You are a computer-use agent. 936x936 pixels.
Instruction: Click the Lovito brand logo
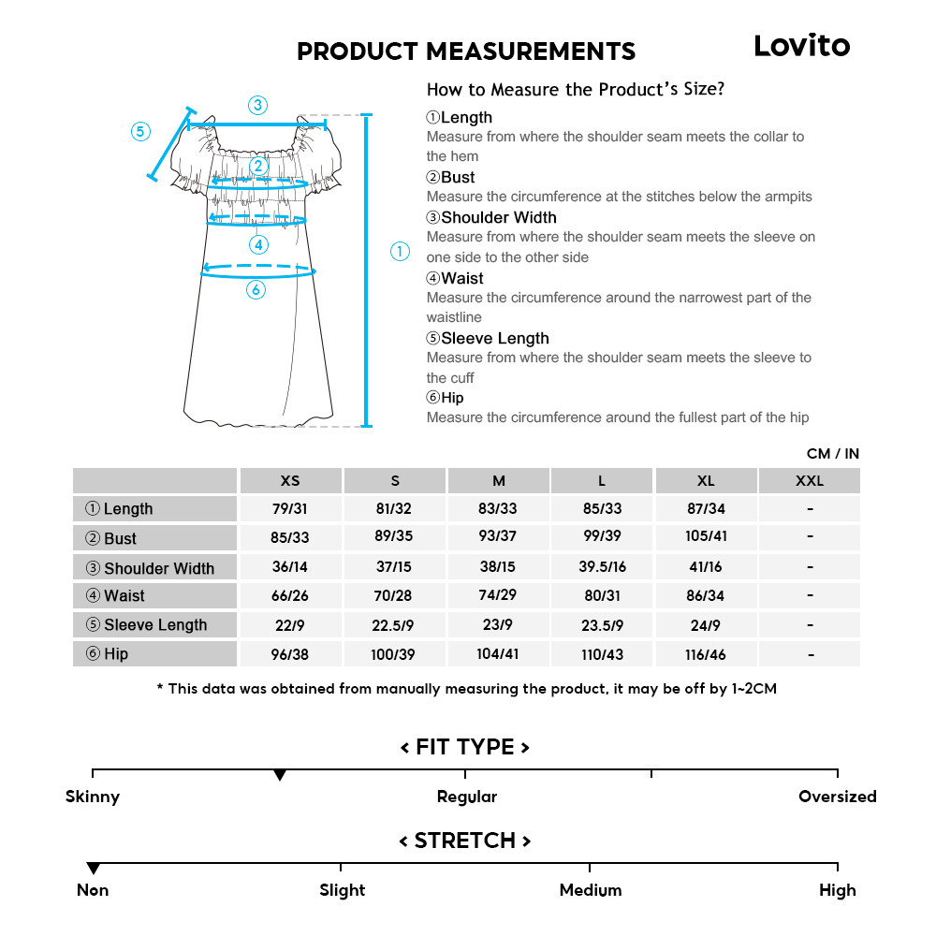tap(802, 46)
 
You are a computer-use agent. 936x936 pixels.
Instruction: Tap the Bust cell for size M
tap(498, 538)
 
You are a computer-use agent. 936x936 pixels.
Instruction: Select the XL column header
tap(706, 481)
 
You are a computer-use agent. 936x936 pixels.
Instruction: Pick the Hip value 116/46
tap(706, 654)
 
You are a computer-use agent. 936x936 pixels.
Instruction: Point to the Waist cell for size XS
tap(290, 596)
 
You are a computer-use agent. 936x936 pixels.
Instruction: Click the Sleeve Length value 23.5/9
tap(602, 625)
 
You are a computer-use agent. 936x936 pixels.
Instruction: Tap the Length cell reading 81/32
tap(394, 509)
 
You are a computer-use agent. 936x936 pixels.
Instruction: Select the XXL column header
tap(810, 481)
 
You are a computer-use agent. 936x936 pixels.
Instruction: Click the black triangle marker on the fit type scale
tap(279, 776)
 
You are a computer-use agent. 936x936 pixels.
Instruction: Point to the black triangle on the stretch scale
tap(93, 869)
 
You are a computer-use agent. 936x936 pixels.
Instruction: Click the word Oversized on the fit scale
tap(837, 797)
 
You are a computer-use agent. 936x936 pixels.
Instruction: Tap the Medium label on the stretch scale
tap(591, 890)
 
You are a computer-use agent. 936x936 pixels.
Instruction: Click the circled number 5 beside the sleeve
tap(140, 131)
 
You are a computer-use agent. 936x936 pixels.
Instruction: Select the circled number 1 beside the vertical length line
tap(400, 251)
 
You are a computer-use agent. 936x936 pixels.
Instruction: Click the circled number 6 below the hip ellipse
tap(256, 290)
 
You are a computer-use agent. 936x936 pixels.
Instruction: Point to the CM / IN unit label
tap(832, 454)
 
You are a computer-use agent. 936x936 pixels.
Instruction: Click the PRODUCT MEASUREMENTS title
tap(466, 51)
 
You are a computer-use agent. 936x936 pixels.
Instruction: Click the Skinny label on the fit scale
tap(93, 797)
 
